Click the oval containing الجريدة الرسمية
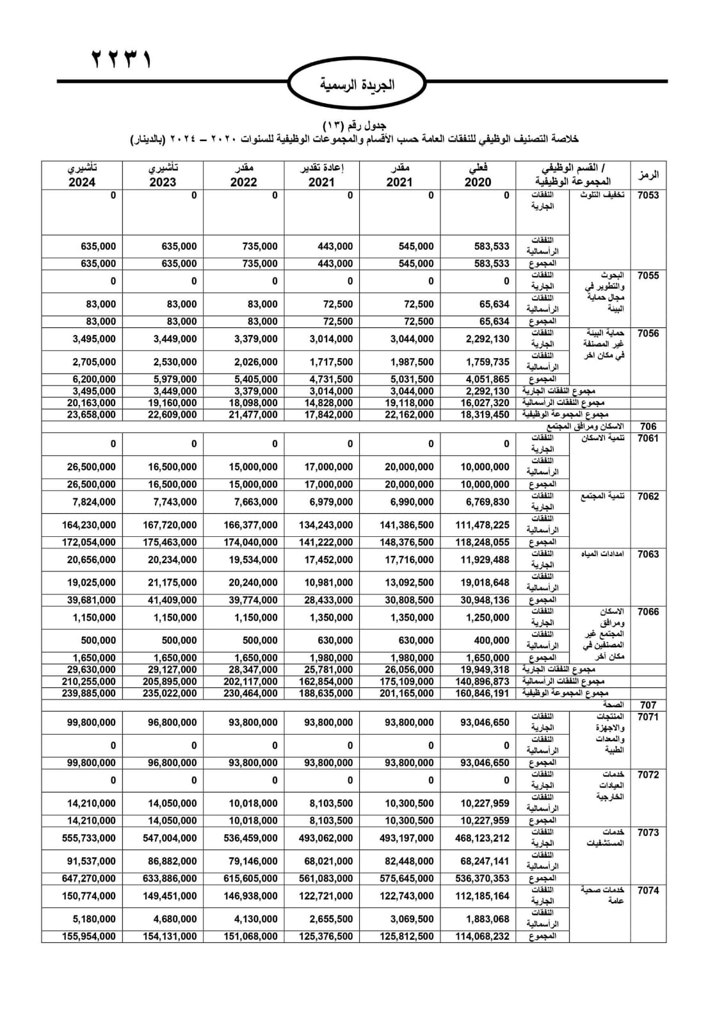(357, 84)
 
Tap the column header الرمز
(648, 175)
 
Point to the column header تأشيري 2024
(82, 175)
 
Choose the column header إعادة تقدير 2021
(321, 175)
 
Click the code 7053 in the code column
(648, 195)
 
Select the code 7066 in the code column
(648, 612)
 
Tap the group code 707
(648, 705)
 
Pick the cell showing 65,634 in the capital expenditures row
(494, 304)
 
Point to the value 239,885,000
(89, 693)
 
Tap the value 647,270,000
(89, 878)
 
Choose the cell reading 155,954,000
(89, 936)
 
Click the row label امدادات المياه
(603, 554)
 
